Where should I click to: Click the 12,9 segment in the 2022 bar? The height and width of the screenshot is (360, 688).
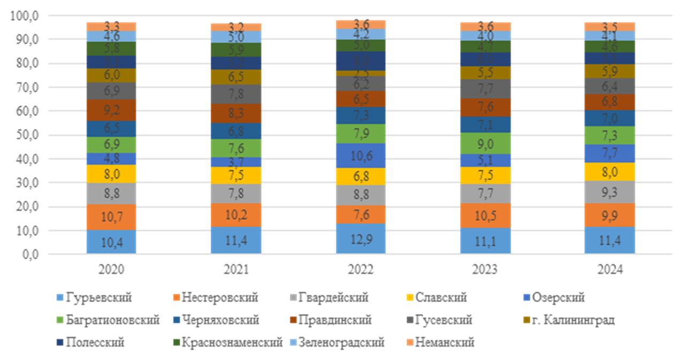coord(361,239)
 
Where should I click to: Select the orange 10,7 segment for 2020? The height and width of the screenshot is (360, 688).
coord(111,217)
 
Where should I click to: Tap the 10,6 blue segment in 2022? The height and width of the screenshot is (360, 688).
coord(361,156)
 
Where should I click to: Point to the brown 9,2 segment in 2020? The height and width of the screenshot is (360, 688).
coord(111,110)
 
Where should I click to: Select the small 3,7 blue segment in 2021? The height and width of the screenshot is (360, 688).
coord(236,162)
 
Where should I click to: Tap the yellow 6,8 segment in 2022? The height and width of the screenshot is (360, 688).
coord(361,176)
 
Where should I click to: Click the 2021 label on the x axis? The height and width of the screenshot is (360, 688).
coord(236,269)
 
